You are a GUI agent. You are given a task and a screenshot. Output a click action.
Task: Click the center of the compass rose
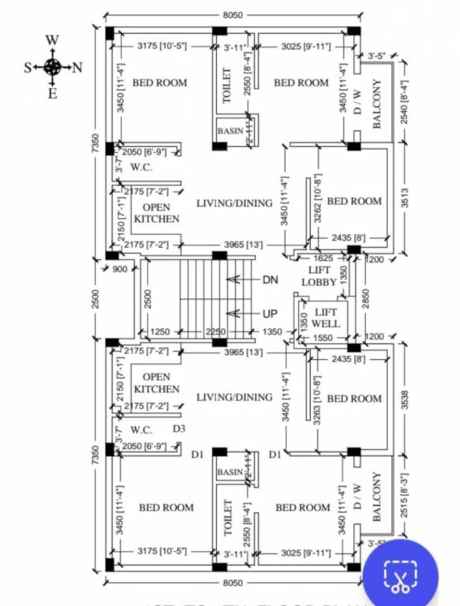coord(52,67)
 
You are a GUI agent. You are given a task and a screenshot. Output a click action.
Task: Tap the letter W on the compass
coord(52,40)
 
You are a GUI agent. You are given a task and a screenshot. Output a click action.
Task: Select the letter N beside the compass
coord(77,67)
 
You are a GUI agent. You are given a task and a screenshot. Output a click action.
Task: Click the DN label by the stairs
coord(270,279)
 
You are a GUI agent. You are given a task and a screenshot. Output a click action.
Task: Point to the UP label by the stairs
coord(270,313)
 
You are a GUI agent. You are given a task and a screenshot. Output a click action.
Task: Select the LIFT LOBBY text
coord(320,276)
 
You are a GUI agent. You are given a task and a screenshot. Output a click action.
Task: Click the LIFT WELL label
coord(325,318)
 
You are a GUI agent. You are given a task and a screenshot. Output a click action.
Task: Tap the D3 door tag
coord(179,428)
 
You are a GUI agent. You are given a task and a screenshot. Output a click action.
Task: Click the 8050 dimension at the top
coord(232,15)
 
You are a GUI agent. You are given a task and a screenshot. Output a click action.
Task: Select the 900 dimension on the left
coord(120,269)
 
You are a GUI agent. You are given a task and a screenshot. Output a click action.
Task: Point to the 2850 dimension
coord(365,300)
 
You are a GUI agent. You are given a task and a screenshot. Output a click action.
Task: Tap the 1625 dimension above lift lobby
coord(323,258)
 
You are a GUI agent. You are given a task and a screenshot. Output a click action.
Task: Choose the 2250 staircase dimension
coord(215,332)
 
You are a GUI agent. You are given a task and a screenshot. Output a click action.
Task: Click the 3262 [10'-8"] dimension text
coord(316,202)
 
